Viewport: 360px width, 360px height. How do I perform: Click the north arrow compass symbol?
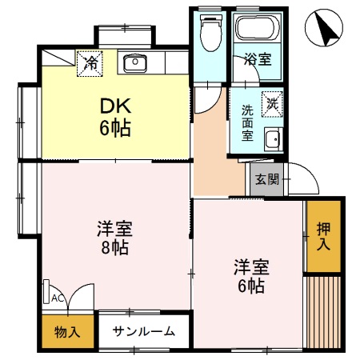(x=324, y=27)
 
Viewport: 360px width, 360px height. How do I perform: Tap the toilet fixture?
(x=211, y=33)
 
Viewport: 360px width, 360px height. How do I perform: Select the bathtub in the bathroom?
(x=258, y=28)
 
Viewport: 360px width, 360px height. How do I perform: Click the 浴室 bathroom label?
(x=258, y=59)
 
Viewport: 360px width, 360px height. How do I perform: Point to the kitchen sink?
(x=135, y=63)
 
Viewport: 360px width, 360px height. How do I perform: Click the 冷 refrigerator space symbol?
(x=90, y=64)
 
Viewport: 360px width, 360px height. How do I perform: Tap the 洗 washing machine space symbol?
(x=272, y=104)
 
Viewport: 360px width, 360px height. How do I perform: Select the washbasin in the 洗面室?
(x=273, y=139)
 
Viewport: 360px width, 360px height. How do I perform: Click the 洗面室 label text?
(x=247, y=123)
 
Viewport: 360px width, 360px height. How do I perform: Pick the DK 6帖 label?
(x=115, y=117)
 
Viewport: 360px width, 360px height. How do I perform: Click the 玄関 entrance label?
(x=267, y=179)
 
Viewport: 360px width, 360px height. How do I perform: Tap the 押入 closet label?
(x=323, y=236)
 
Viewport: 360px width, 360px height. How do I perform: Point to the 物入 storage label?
(x=67, y=332)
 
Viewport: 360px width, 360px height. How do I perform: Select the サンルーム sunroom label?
(x=144, y=331)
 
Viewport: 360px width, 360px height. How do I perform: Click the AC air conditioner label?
(x=58, y=298)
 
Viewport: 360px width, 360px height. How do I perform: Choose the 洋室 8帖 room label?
(x=115, y=238)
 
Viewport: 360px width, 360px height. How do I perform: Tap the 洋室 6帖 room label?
(x=251, y=276)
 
